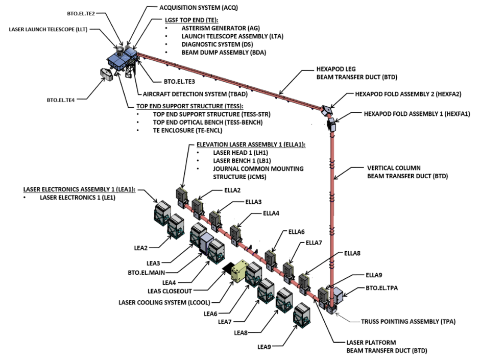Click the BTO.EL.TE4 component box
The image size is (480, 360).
[107, 75]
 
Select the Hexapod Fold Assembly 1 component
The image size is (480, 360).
[330, 123]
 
